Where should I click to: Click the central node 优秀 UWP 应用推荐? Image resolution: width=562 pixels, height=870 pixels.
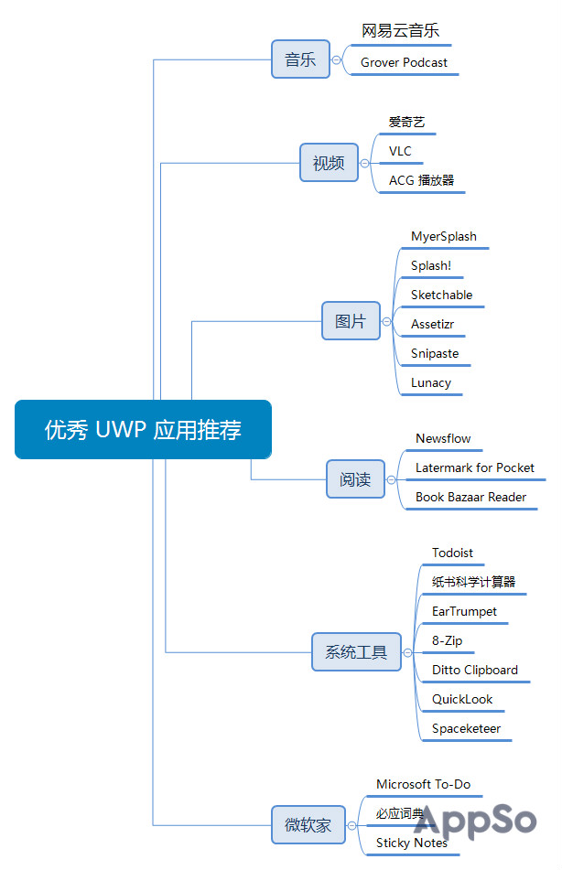(143, 429)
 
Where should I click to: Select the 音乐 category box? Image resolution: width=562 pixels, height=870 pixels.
(300, 59)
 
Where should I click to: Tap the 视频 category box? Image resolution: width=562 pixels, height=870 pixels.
(329, 163)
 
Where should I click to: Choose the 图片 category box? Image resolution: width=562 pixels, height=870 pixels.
(351, 321)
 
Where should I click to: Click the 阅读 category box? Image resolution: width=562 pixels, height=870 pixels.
(355, 479)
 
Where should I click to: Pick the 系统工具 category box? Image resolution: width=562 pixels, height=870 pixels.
(356, 652)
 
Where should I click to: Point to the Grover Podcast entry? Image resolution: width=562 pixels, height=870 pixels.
(404, 62)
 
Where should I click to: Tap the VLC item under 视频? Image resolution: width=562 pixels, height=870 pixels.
(400, 151)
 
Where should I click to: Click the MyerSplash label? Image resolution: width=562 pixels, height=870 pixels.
(443, 236)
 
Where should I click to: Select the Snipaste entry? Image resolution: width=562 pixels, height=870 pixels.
(435, 353)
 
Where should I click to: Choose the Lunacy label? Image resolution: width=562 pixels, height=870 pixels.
(430, 382)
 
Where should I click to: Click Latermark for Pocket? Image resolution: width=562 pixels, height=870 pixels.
(474, 467)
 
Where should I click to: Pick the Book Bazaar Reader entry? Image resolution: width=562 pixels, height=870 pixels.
(470, 497)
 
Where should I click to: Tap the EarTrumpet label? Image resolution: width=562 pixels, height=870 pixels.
(464, 611)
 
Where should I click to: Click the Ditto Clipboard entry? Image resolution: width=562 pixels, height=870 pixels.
(474, 670)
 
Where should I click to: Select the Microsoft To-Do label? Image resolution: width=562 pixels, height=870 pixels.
(423, 784)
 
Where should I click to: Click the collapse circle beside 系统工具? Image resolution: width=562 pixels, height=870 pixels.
(408, 652)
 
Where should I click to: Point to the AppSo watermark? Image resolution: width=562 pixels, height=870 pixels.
(475, 821)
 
